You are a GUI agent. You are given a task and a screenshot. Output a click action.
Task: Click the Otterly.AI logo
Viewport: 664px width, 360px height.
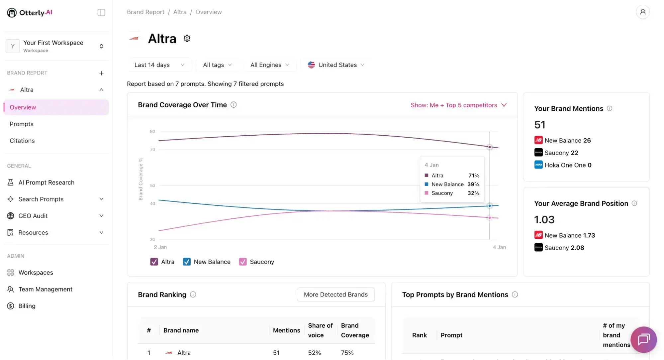coord(30,13)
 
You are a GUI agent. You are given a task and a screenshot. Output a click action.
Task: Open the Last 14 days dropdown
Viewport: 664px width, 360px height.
coord(159,65)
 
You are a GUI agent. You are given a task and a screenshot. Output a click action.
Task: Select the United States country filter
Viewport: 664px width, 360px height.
coord(336,65)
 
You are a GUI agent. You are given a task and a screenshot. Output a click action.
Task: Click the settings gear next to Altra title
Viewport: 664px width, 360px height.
coord(187,38)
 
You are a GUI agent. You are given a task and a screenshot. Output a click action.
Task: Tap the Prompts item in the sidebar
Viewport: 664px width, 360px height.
coord(22,124)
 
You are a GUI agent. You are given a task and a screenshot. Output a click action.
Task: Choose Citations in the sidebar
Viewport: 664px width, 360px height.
coord(22,141)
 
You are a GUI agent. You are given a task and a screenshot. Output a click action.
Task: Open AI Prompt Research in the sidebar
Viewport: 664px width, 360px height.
coord(46,182)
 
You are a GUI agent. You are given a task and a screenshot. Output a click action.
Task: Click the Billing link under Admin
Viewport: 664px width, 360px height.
coord(27,306)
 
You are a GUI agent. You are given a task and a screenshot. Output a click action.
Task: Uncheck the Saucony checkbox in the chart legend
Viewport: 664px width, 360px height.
coord(243,262)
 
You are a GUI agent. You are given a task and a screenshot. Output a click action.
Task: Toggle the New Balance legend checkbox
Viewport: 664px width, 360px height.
coord(187,262)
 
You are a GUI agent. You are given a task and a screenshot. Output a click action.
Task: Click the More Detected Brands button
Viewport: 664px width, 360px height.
coord(335,295)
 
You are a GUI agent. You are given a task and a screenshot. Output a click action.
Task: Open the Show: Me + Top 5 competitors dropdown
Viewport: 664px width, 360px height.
coord(458,105)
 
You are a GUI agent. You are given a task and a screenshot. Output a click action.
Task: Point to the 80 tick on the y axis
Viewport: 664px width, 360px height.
coord(152,132)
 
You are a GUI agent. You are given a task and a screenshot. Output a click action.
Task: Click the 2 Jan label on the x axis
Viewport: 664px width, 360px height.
coord(160,247)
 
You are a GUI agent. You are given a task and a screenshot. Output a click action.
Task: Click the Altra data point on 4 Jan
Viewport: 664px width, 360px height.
coord(489,147)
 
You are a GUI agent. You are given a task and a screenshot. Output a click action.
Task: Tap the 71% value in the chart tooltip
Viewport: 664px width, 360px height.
coord(474,176)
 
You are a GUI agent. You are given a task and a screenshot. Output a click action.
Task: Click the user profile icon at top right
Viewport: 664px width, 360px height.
coord(642,12)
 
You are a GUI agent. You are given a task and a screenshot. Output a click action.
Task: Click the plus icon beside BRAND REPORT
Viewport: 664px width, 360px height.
coord(101,73)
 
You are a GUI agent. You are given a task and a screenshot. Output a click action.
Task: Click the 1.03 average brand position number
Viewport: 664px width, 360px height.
coord(544,220)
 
